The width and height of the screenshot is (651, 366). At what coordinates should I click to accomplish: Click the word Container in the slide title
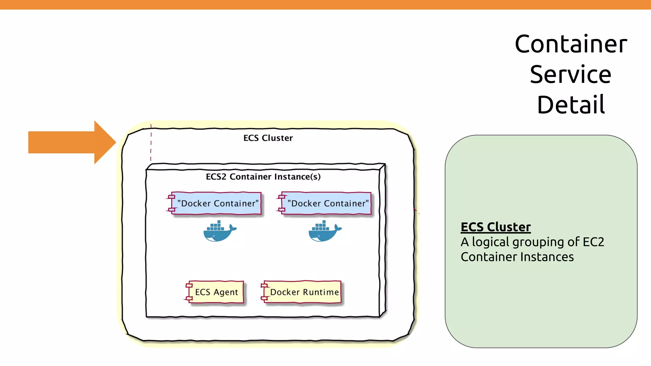pyautogui.click(x=571, y=44)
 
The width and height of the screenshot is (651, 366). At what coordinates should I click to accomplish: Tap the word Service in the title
pyautogui.click(x=570, y=75)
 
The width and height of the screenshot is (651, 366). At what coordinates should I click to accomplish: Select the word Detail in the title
pyautogui.click(x=571, y=105)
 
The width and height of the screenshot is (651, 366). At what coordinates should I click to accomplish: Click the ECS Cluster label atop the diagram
pyautogui.click(x=268, y=138)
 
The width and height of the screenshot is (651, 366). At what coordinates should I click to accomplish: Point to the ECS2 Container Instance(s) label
pyautogui.click(x=263, y=177)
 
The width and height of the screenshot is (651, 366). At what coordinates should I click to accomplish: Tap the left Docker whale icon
pyautogui.click(x=219, y=231)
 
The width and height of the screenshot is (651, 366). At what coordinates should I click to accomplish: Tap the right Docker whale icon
pyautogui.click(x=325, y=231)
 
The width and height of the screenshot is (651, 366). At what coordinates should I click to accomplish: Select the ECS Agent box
pyautogui.click(x=216, y=292)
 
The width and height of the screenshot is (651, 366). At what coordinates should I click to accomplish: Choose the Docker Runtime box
pyautogui.click(x=304, y=292)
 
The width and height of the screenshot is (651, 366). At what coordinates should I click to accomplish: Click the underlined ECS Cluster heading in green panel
pyautogui.click(x=496, y=227)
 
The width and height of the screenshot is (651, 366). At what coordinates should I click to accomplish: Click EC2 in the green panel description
pyautogui.click(x=593, y=242)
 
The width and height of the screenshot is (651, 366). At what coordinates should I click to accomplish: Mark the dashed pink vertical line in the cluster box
pyautogui.click(x=151, y=143)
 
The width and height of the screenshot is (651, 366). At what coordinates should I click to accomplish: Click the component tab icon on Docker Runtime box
pyautogui.click(x=264, y=292)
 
